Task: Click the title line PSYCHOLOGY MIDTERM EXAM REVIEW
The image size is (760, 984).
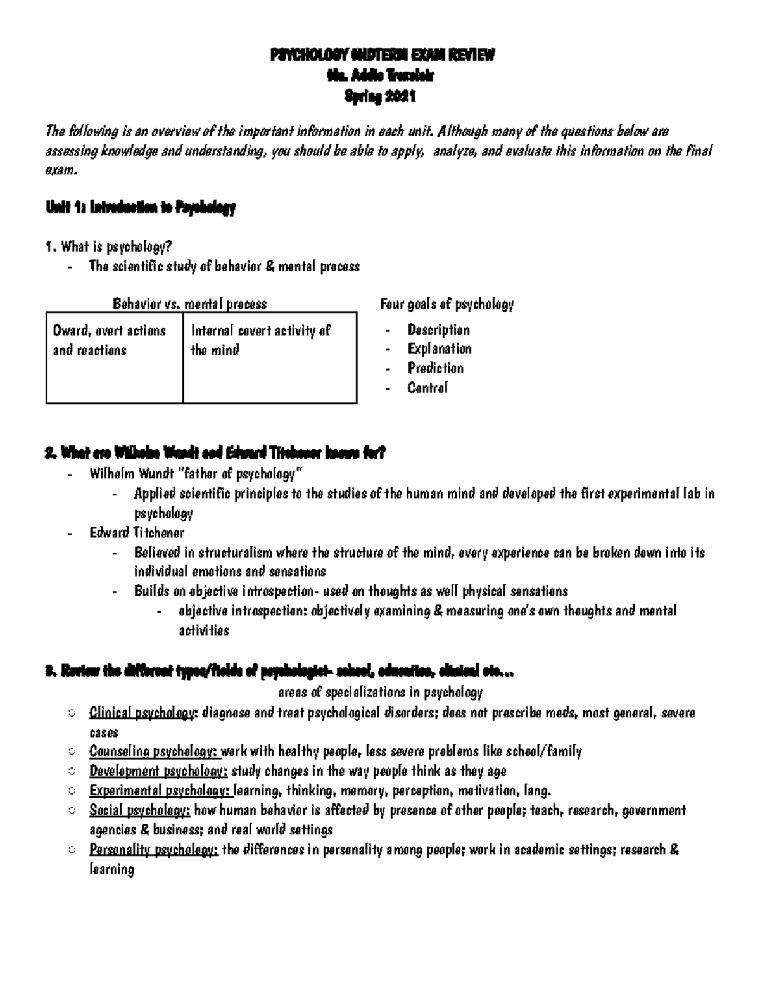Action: point(382,55)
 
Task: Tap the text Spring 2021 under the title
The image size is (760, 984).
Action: point(379,97)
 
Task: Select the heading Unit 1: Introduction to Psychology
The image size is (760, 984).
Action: point(141,207)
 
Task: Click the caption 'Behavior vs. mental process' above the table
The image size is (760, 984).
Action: point(189,304)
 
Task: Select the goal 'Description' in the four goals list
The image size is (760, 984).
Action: point(438,329)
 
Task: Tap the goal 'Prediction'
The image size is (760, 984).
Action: point(435,368)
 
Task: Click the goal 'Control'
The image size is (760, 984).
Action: point(427,388)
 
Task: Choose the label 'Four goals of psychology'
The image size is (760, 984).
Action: point(446,304)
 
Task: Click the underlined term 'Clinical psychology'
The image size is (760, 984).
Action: point(142,713)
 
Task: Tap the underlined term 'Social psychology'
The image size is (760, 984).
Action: point(139,810)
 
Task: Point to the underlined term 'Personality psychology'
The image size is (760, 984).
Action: point(153,850)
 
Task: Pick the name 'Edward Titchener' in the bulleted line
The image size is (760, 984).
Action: point(137,532)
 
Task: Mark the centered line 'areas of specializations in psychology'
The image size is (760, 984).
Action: point(380,692)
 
